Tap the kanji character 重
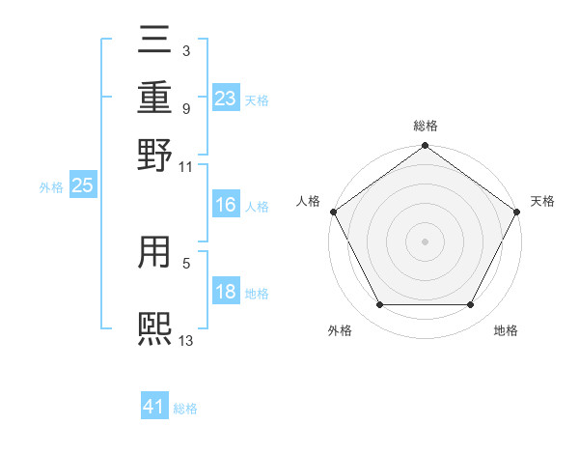click(x=155, y=97)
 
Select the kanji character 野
click(x=155, y=155)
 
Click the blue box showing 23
click(x=226, y=98)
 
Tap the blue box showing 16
click(x=225, y=205)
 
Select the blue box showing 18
click(x=225, y=292)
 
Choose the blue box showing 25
click(x=83, y=186)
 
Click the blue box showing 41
click(x=154, y=407)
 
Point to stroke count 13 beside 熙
click(x=186, y=339)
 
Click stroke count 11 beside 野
click(x=185, y=166)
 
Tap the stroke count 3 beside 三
click(x=185, y=49)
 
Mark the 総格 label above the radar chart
click(x=426, y=126)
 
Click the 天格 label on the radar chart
click(x=543, y=201)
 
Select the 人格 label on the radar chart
click(x=308, y=201)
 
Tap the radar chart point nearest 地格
click(x=471, y=305)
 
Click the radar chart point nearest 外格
click(x=379, y=305)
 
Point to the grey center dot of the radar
click(x=426, y=241)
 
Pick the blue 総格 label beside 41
click(x=185, y=409)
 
